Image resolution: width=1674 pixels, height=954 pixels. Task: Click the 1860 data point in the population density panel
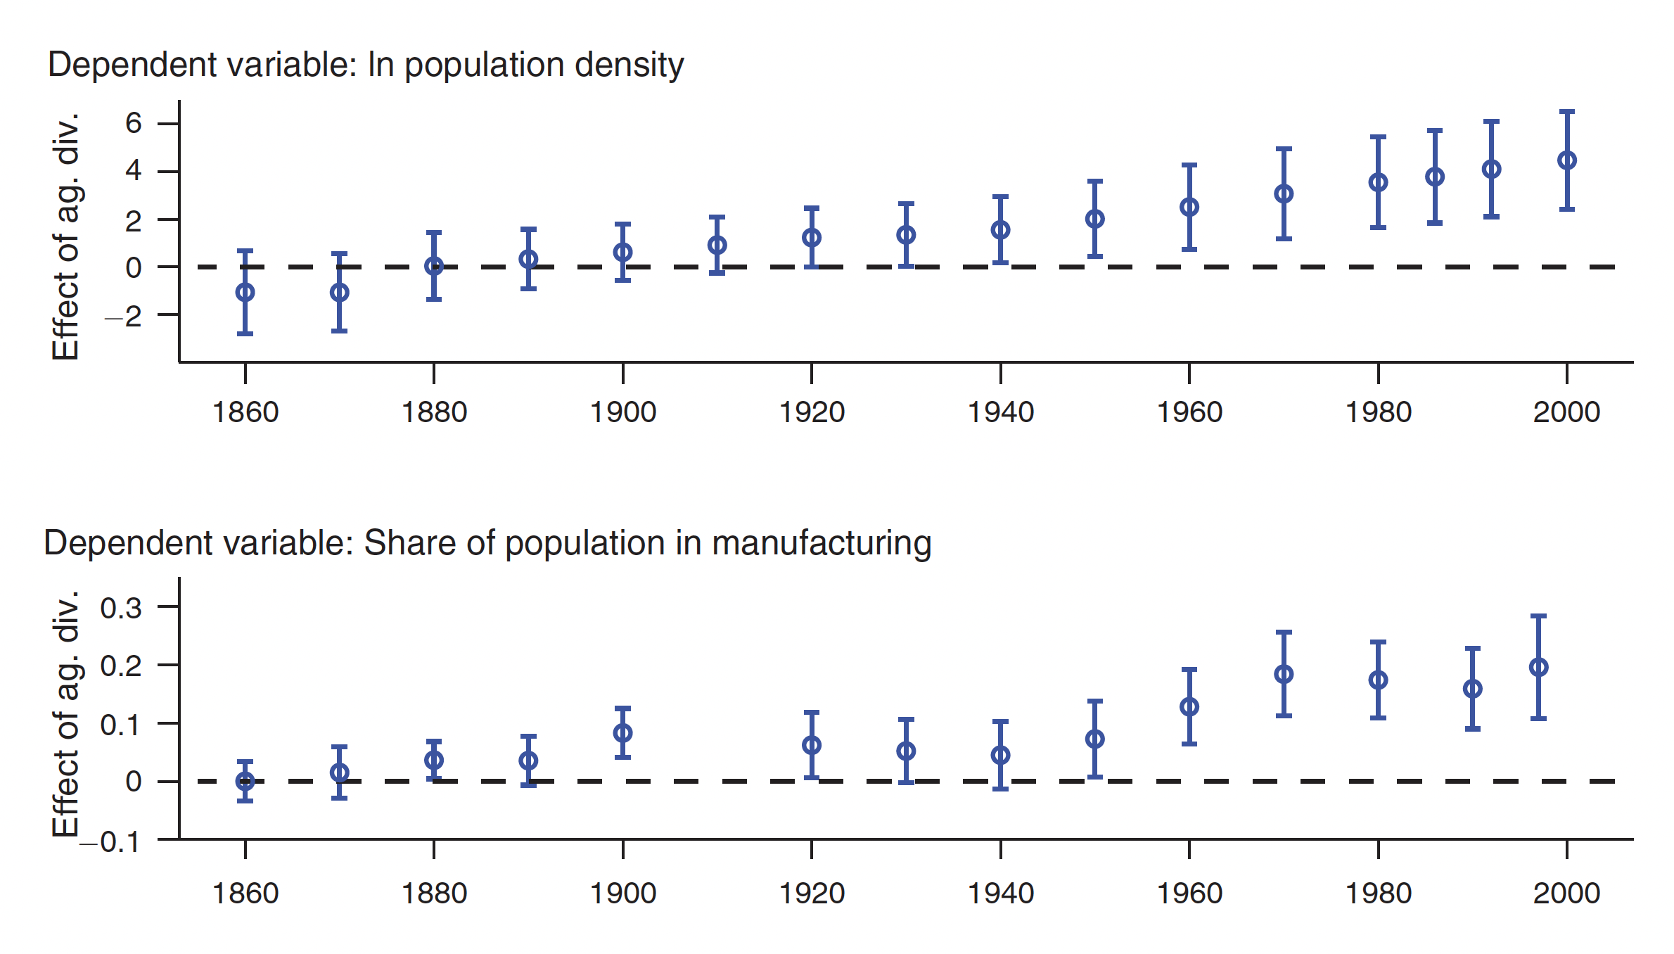click(x=245, y=292)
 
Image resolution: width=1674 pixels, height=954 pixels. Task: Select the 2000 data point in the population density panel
click(x=1567, y=160)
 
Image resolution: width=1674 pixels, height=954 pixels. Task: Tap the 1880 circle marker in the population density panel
click(x=434, y=266)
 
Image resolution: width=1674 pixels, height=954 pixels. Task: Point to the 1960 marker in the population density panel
click(x=1189, y=207)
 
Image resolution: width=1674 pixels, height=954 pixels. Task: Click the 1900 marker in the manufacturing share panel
click(x=622, y=733)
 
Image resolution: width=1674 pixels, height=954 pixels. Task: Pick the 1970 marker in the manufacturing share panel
click(x=1284, y=674)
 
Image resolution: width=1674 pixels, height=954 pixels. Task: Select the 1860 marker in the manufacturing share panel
click(x=245, y=781)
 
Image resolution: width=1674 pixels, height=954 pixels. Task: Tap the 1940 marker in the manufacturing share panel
click(x=1000, y=756)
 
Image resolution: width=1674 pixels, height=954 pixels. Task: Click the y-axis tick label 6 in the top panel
click(x=134, y=124)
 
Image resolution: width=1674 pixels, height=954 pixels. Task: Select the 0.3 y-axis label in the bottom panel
click(x=121, y=608)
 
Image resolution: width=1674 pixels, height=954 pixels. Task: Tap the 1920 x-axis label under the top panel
click(x=812, y=412)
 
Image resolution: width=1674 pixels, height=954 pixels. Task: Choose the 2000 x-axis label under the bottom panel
click(x=1567, y=893)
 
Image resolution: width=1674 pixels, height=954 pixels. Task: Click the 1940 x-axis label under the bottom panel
click(x=1000, y=893)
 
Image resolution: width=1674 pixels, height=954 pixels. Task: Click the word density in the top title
click(x=629, y=65)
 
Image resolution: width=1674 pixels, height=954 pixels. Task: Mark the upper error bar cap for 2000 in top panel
click(x=1567, y=112)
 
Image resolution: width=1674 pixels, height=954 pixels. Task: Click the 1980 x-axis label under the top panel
click(x=1379, y=412)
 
